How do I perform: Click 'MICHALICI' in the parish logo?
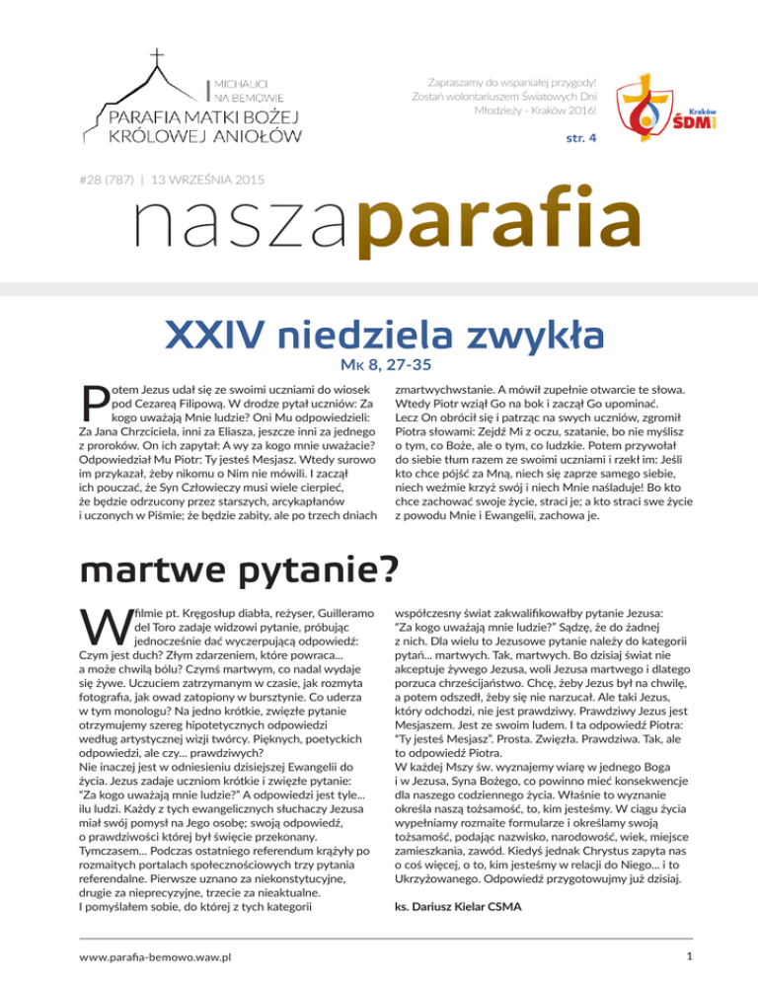point(252,77)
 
